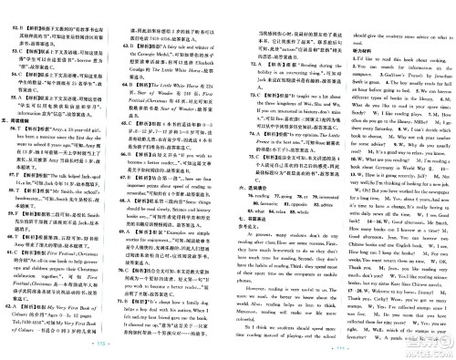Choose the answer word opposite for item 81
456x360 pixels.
click(295, 203)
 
